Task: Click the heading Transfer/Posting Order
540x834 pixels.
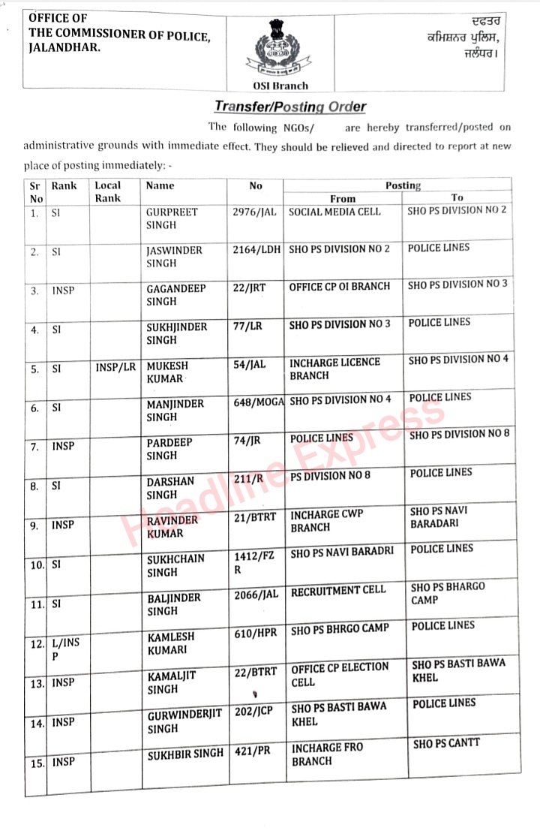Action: tap(290, 107)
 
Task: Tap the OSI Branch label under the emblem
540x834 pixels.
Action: tap(275, 86)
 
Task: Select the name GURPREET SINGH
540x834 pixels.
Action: tap(172, 218)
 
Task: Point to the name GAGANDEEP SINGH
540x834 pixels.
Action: tap(175, 294)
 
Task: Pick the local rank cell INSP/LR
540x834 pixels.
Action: tap(116, 366)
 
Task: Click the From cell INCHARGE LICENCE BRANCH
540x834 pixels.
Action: tap(334, 369)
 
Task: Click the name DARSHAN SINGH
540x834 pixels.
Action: tap(170, 488)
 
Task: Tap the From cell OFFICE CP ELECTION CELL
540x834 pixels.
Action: tap(340, 674)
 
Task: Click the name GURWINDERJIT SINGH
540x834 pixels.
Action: tap(184, 721)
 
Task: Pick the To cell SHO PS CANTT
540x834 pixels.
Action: tap(446, 743)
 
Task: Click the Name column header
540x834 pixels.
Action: tap(160, 185)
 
